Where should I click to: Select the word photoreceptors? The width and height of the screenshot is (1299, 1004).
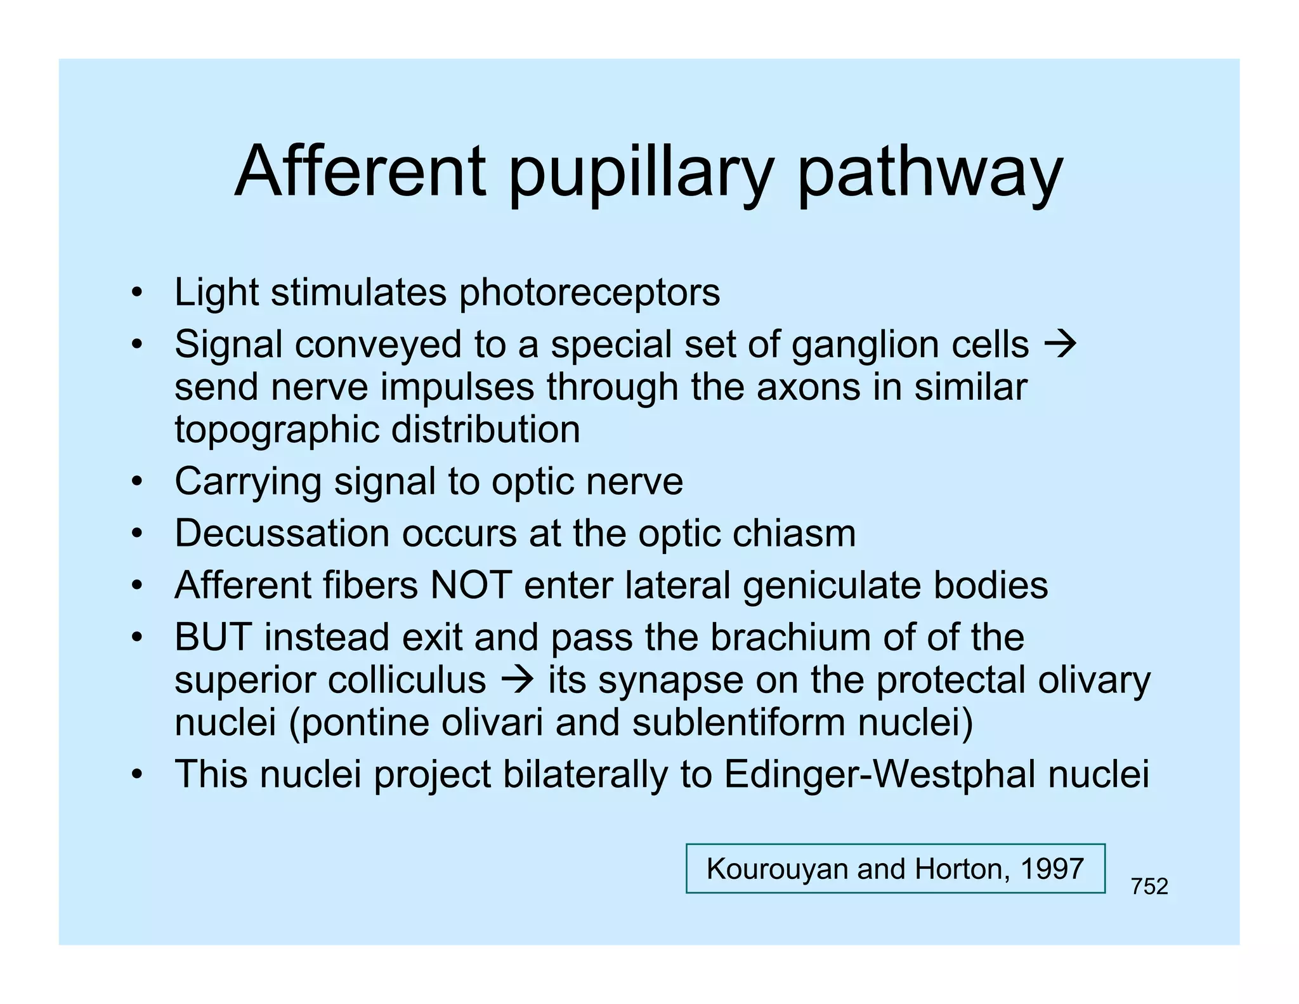coord(589,293)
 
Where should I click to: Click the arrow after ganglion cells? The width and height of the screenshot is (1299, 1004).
coord(1060,345)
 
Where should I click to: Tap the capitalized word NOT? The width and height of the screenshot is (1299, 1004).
coord(471,585)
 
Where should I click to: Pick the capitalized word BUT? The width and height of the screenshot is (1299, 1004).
coord(213,637)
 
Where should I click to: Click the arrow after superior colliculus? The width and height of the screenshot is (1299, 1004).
coord(517,680)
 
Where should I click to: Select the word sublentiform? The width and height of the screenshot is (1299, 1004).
coord(739,722)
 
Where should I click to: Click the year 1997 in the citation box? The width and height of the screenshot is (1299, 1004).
coord(1052,868)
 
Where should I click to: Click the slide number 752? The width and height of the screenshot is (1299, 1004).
coord(1149,886)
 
